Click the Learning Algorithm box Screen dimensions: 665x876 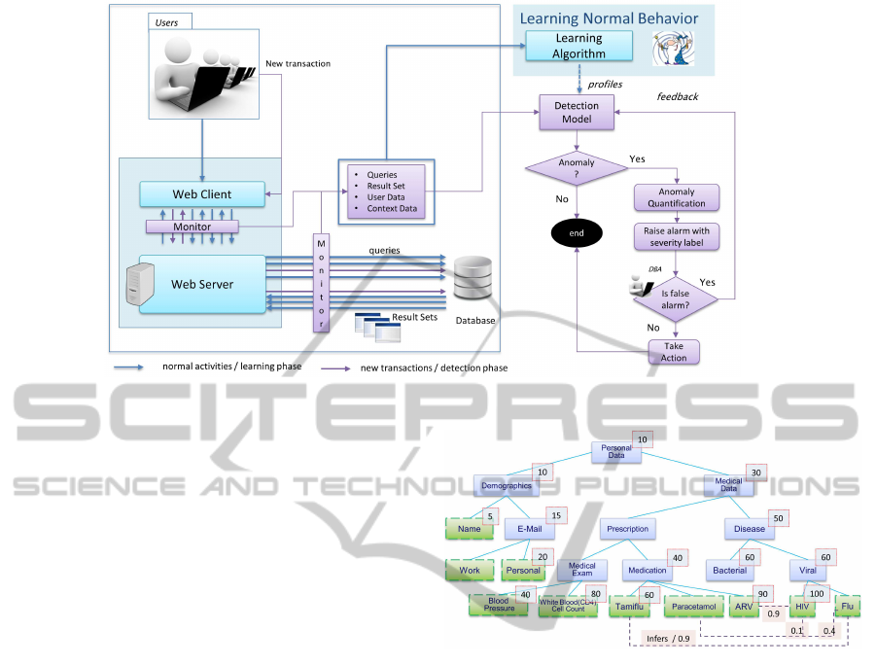[578, 46]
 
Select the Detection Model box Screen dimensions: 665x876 [577, 112]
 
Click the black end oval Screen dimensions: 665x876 [576, 232]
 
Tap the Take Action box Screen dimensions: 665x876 [674, 352]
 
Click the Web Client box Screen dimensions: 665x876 [202, 193]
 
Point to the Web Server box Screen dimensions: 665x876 [202, 284]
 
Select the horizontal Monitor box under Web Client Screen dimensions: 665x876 [192, 227]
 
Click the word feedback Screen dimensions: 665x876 [678, 96]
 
